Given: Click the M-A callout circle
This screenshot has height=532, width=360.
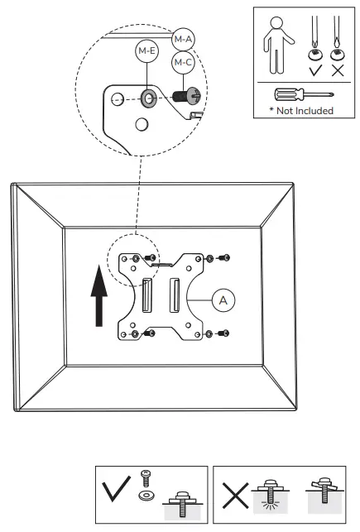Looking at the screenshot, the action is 183,40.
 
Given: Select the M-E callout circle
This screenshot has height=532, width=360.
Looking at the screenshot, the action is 146,51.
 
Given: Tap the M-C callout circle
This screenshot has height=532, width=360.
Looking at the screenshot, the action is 183,62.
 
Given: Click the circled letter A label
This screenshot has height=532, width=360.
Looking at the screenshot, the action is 223,300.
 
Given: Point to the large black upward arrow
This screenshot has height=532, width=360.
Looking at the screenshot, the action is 99,296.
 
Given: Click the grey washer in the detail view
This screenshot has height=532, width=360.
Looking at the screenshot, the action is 147,99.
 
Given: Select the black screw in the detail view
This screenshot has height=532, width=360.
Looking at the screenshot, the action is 186,95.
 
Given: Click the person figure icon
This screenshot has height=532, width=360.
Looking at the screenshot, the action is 277,46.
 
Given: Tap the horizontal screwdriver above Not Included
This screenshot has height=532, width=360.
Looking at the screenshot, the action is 304,94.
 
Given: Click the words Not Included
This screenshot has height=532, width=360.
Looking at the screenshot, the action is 305,111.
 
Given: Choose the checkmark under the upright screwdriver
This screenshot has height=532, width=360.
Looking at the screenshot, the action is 315,70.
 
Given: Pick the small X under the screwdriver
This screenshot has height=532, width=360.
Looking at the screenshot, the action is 338,70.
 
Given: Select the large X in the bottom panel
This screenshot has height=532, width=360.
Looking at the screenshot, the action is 236,496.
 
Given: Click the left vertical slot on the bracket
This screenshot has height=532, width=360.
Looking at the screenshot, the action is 146,295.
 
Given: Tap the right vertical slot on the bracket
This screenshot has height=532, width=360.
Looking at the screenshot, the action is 175,295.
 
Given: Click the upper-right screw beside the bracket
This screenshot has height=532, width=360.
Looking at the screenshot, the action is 224,258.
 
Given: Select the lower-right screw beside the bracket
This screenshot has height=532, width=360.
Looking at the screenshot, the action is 224,333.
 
